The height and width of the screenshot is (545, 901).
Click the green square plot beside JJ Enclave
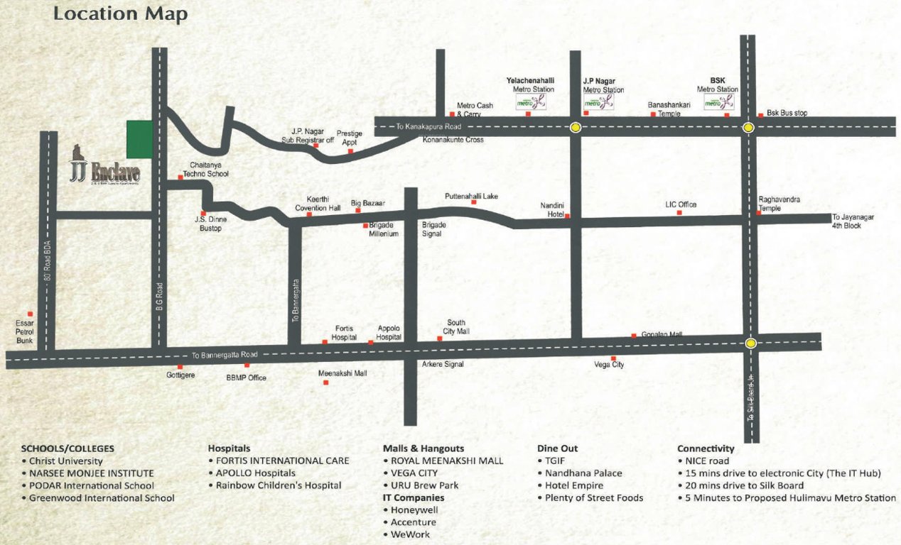(x=139, y=139)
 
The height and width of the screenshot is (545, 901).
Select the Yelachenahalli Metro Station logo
(x=531, y=102)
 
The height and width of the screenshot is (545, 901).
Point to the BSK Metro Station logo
(x=717, y=102)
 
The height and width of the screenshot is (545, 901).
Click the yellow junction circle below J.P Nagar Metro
(x=575, y=128)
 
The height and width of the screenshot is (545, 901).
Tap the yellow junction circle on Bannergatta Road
(x=750, y=343)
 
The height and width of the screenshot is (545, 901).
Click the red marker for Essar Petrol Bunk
(x=30, y=314)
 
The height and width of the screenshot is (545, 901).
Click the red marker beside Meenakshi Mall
(x=326, y=383)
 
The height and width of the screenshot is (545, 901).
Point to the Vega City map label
(x=609, y=365)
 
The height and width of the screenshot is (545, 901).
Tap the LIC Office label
(x=681, y=204)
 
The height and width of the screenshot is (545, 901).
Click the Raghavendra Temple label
(x=779, y=204)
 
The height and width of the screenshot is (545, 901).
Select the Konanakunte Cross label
(x=453, y=140)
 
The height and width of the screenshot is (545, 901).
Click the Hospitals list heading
(x=229, y=448)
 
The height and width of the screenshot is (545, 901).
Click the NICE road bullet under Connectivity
(x=707, y=461)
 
